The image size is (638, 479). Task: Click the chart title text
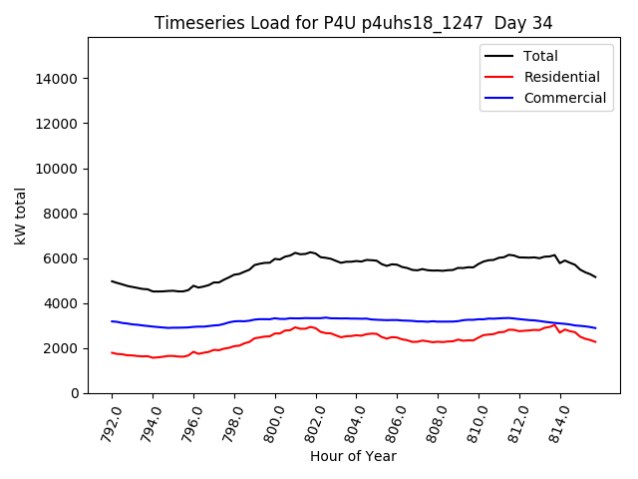[x=353, y=23]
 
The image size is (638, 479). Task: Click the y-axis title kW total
[x=20, y=216]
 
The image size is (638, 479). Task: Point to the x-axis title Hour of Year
[x=353, y=456]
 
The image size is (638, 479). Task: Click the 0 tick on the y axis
[x=75, y=393]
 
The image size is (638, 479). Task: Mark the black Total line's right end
[x=596, y=276]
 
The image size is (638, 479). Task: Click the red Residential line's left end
[x=112, y=352]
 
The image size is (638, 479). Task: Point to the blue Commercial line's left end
[x=112, y=321]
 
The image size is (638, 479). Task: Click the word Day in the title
[x=515, y=23]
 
